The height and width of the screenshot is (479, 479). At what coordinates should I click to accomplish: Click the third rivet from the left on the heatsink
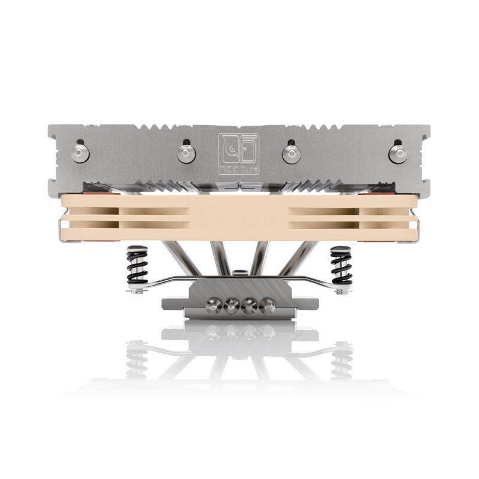point(291,153)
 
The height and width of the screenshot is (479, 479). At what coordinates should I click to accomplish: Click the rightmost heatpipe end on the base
point(267,304)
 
